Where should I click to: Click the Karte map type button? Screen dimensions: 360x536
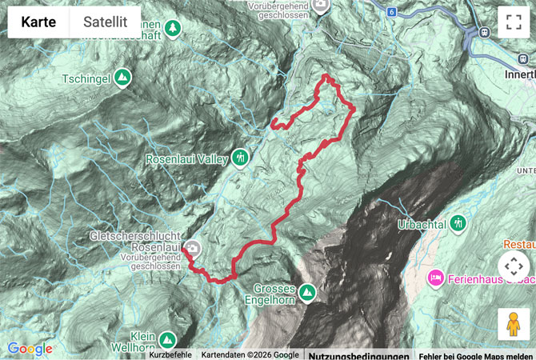click(38, 22)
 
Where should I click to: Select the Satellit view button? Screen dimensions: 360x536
click(106, 22)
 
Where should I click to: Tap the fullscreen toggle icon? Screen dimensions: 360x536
click(513, 22)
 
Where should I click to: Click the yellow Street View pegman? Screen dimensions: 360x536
click(513, 324)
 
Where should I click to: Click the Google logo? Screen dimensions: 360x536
click(30, 349)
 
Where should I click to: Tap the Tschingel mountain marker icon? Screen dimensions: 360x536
click(122, 78)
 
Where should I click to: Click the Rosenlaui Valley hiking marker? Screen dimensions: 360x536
click(240, 157)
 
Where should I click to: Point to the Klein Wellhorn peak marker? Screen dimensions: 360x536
click(166, 338)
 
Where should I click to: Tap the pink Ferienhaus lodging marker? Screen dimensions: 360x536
click(436, 278)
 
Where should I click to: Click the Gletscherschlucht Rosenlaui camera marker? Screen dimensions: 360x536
click(194, 249)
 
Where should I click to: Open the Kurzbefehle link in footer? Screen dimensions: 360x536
click(170, 355)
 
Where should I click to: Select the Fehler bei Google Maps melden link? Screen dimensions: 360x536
click(476, 355)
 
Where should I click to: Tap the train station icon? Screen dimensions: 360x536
click(485, 31)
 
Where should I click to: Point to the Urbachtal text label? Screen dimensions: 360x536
click(421, 224)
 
